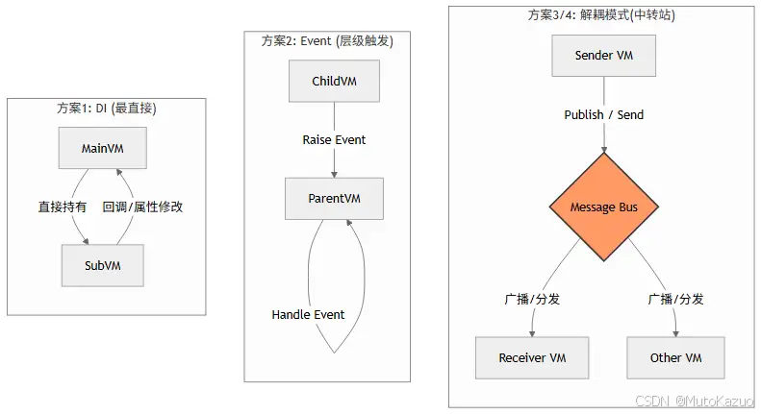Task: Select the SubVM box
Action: [102, 264]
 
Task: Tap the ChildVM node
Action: [334, 81]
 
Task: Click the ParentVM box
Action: [334, 198]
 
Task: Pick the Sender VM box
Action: [603, 55]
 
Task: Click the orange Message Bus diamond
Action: [603, 207]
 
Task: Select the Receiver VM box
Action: [531, 357]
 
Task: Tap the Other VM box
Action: [675, 357]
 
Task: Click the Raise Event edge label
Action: [334, 139]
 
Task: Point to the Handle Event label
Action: [308, 314]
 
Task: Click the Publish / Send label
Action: [603, 114]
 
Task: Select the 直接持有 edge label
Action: [63, 207]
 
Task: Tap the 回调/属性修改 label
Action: [142, 207]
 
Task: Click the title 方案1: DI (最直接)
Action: [106, 108]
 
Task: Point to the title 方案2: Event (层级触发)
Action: [327, 41]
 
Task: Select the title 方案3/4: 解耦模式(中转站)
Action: [603, 15]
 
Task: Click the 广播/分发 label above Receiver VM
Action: [532, 299]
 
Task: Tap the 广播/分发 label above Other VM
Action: [675, 299]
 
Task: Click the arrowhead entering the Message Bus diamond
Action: [603, 149]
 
